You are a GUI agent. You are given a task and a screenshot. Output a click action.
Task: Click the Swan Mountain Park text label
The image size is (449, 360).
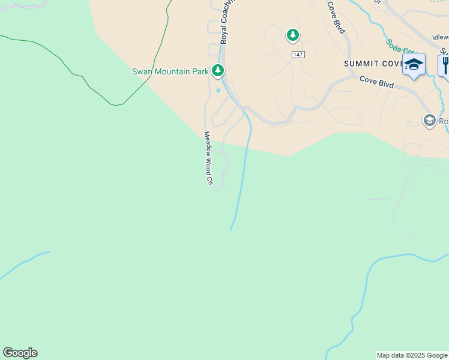click(x=170, y=71)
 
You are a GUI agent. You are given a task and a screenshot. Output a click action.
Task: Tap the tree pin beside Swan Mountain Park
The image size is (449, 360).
click(x=218, y=71)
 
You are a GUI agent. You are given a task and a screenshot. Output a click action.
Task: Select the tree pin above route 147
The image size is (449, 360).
click(x=292, y=35)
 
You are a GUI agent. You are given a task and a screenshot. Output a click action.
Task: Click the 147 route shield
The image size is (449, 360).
click(x=298, y=55)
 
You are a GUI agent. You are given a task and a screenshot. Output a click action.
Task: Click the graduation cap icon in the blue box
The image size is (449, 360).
click(x=414, y=64)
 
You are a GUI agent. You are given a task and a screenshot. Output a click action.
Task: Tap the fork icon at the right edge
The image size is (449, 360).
click(x=445, y=64)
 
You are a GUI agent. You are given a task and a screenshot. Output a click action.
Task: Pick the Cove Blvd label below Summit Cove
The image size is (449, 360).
click(x=376, y=82)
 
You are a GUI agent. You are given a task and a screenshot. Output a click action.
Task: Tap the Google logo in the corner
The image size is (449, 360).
click(x=20, y=353)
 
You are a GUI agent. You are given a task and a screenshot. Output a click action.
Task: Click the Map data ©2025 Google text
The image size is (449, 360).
click(x=412, y=355)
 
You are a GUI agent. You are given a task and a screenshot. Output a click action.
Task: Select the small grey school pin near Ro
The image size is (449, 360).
click(x=429, y=120)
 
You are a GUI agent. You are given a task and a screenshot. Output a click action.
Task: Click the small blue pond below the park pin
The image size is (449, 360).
click(x=218, y=91)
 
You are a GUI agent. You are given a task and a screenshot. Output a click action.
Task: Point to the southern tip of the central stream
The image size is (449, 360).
click(x=231, y=228)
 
